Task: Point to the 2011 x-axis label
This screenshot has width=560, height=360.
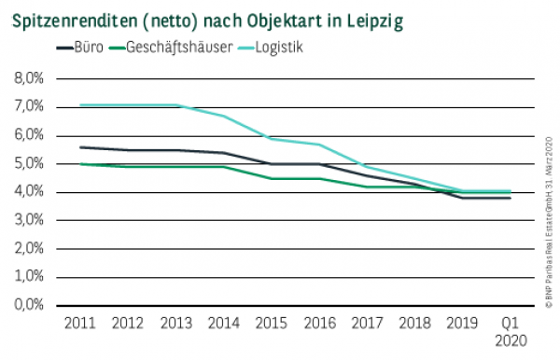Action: pyautogui.click(x=80, y=323)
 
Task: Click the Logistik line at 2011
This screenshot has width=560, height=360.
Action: pyautogui.click(x=80, y=104)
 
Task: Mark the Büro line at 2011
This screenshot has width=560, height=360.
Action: pyautogui.click(x=80, y=147)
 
